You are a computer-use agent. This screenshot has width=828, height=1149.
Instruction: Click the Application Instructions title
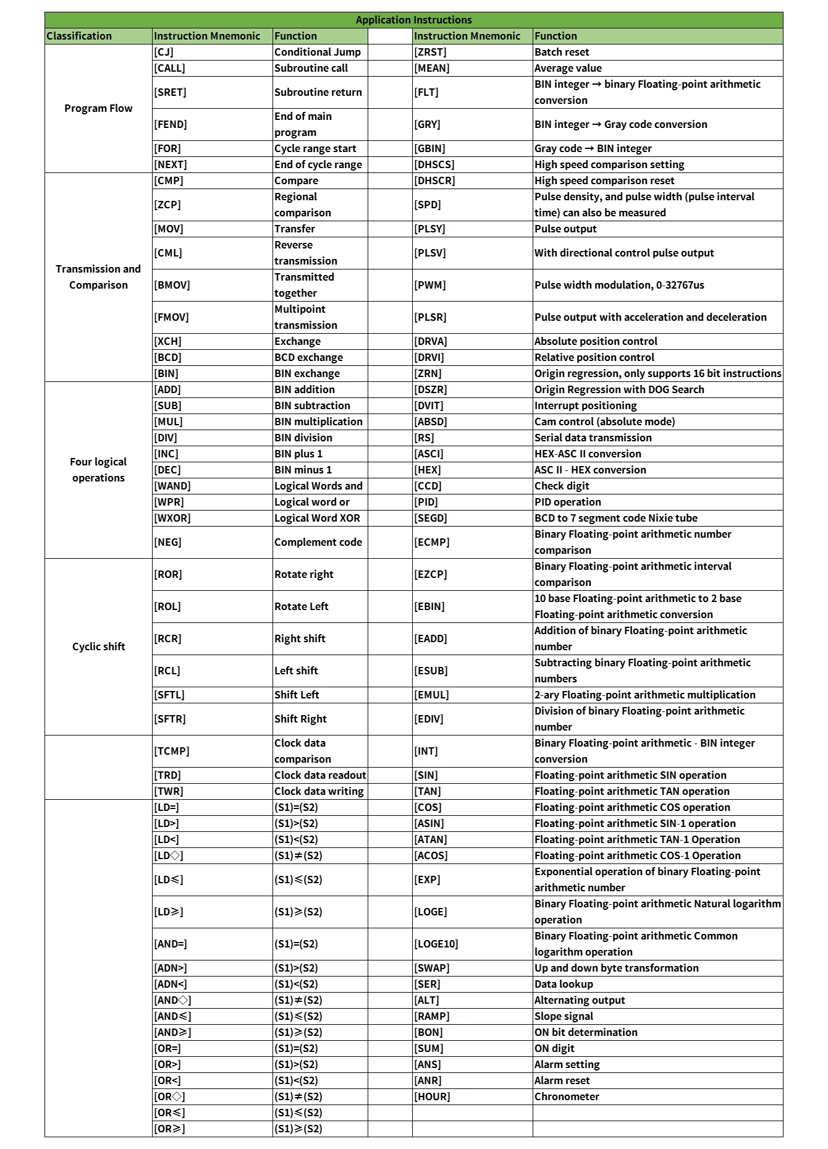[x=413, y=20]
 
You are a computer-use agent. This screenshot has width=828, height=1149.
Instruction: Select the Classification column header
[x=79, y=36]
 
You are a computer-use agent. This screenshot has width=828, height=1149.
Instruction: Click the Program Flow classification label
[x=98, y=108]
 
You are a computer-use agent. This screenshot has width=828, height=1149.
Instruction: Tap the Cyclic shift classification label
[x=98, y=647]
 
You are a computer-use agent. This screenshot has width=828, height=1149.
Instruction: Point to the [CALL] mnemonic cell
[x=170, y=68]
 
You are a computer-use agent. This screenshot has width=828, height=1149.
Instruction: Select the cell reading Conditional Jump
[x=318, y=52]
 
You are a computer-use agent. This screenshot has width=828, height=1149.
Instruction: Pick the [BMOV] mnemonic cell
[x=172, y=285]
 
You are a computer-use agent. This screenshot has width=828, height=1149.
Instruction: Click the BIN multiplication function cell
[x=318, y=422]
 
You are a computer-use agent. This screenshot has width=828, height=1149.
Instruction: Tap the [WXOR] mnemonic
[x=172, y=518]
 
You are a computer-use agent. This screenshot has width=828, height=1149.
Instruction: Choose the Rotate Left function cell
[x=302, y=606]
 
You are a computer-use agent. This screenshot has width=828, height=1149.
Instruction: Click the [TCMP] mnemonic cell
[x=172, y=751]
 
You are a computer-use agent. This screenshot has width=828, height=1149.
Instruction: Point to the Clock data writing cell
[x=319, y=791]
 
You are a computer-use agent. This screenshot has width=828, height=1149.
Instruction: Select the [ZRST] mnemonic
[x=430, y=52]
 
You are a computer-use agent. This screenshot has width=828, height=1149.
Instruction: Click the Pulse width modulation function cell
[x=619, y=285]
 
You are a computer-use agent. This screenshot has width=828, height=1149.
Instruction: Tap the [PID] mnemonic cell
[x=426, y=502]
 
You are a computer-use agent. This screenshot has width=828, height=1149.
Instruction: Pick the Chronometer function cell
[x=567, y=1096]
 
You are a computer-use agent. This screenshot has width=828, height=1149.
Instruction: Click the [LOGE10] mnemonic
[x=436, y=944]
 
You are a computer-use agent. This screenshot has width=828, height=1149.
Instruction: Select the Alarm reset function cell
[x=562, y=1080]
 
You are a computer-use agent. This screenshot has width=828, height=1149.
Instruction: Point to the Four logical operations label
[x=98, y=470]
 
